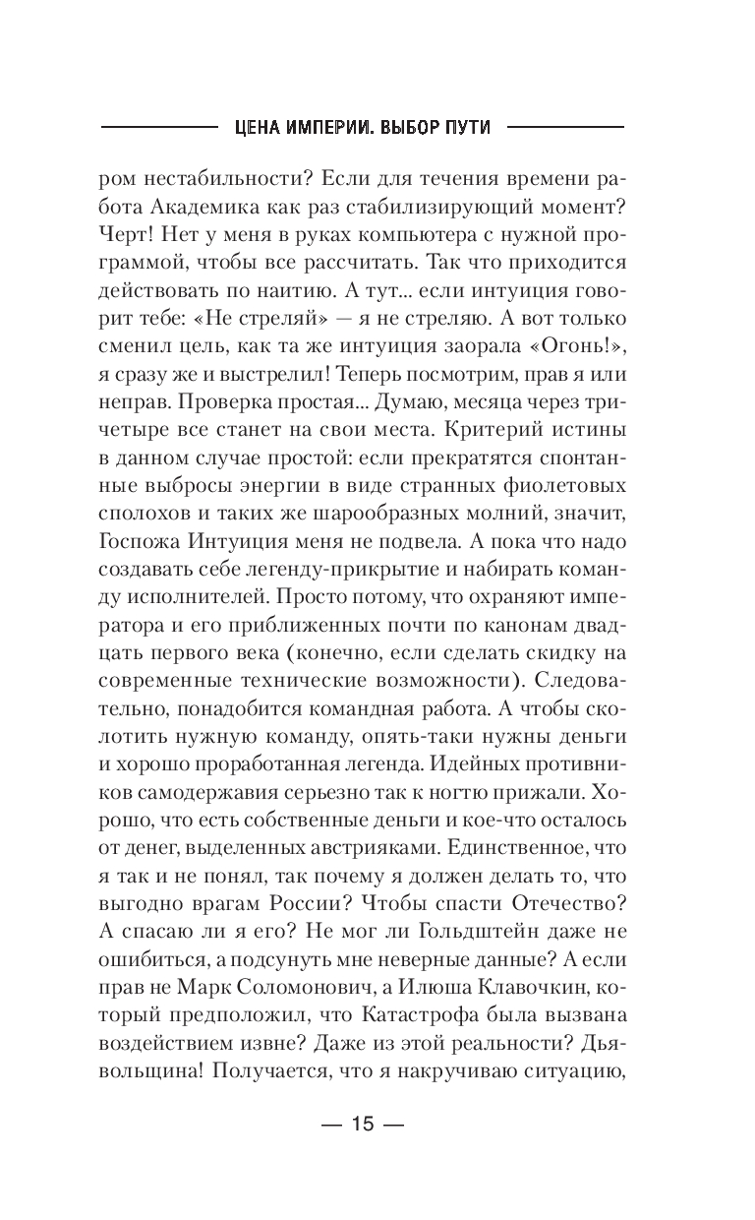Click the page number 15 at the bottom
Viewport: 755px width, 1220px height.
363,1119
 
